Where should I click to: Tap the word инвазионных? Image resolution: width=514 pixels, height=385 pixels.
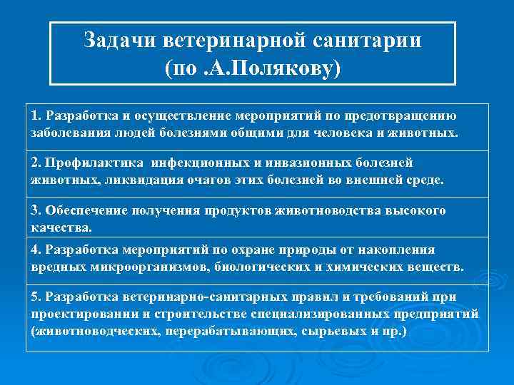coord(303,163)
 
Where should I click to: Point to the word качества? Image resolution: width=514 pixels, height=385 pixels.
coord(61,228)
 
